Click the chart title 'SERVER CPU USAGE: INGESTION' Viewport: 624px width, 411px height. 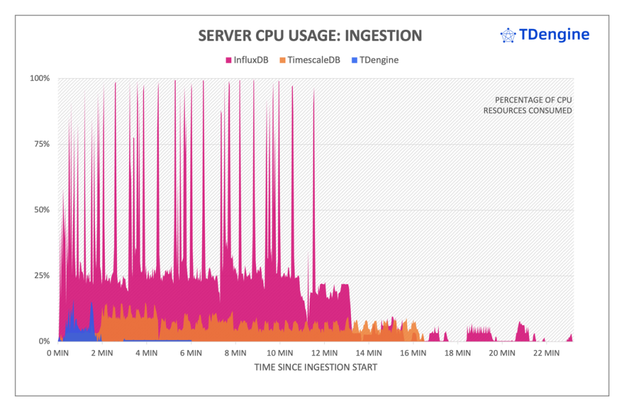coord(310,36)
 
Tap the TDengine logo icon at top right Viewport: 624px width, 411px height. coord(508,36)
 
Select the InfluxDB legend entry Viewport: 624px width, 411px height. coord(247,60)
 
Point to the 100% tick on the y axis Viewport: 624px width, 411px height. coord(40,78)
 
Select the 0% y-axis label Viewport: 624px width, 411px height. coord(44,341)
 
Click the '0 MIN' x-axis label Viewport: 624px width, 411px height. coord(58,353)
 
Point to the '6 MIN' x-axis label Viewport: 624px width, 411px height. coord(191,353)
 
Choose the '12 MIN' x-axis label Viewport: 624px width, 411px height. coord(323,353)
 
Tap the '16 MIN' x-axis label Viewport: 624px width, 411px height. coord(412,353)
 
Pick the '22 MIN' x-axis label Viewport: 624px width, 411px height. coord(545,353)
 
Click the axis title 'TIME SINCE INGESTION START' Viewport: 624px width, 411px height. coord(315,367)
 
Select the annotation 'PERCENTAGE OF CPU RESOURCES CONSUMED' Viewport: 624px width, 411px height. coord(528,105)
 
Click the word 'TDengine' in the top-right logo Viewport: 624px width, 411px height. coord(553,35)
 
